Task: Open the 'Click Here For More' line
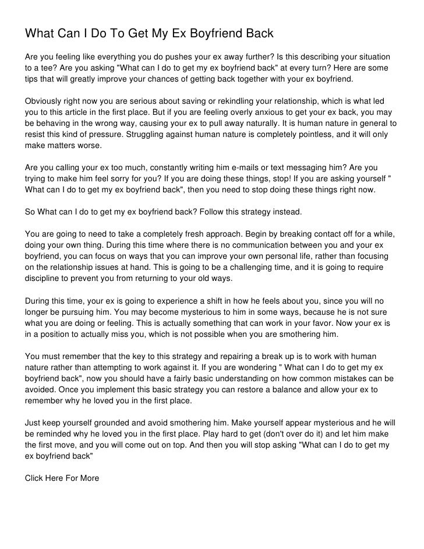pos(62,478)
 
